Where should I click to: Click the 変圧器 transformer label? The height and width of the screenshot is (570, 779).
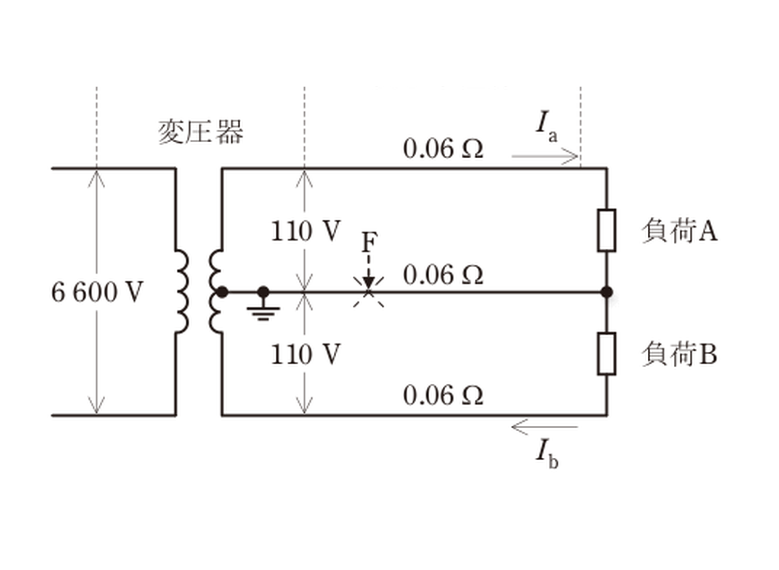point(201,132)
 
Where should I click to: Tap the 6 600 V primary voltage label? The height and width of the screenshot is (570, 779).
point(97,292)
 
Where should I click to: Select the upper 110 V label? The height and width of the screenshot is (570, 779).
point(305,231)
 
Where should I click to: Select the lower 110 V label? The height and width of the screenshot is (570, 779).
point(305,354)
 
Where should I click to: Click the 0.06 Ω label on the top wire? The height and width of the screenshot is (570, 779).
point(443,149)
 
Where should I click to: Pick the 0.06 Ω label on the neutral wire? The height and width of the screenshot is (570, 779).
point(443,275)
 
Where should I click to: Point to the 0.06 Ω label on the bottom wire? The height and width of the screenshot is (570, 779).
point(443,395)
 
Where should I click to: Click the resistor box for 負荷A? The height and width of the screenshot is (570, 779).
point(607,230)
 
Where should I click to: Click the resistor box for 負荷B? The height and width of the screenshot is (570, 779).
point(607,354)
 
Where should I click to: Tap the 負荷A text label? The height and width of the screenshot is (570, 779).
point(679,231)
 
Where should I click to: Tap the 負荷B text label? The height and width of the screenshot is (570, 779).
point(679,354)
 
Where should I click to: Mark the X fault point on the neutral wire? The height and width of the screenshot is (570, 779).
point(369,292)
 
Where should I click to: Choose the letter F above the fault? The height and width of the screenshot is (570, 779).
point(369,242)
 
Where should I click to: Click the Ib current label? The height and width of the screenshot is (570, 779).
point(547,454)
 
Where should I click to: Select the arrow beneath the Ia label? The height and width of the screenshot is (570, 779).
point(545,156)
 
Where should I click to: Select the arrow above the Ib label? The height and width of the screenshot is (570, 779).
point(545,427)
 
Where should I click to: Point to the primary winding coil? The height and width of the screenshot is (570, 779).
point(182,291)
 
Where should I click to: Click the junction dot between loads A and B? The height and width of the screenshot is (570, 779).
point(607,292)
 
